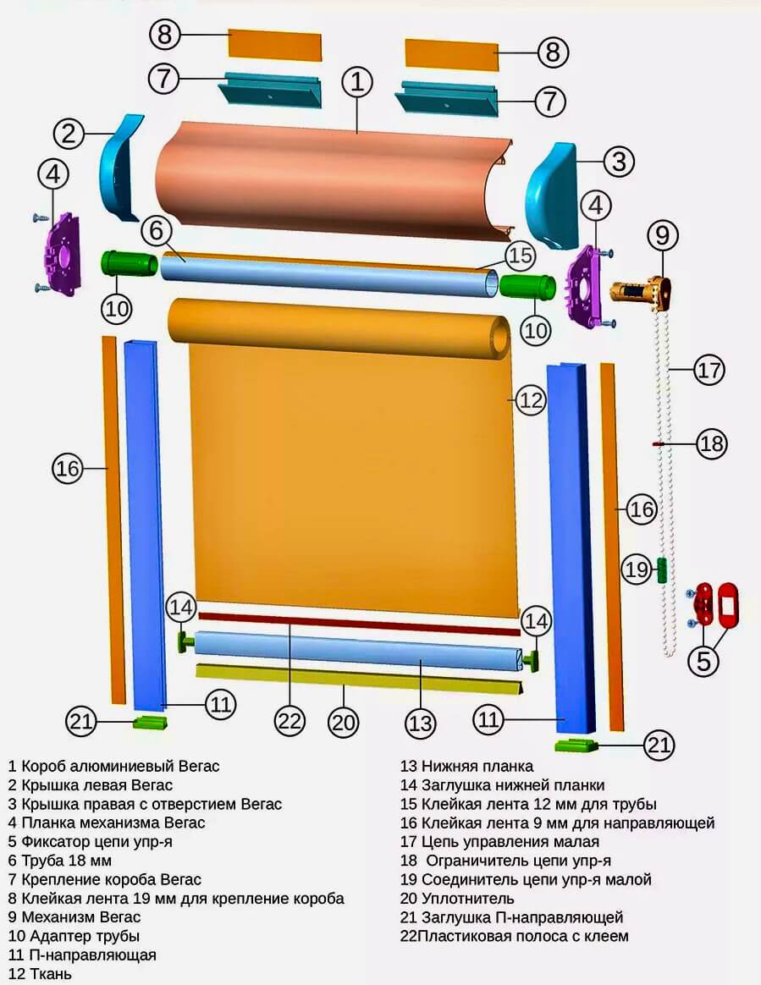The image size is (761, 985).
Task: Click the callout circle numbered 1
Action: [357, 82]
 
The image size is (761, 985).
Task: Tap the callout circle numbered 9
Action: [662, 235]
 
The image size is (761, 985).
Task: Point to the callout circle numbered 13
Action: [420, 723]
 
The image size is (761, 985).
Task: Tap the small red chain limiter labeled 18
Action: [658, 443]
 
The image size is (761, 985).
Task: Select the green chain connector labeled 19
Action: [661, 570]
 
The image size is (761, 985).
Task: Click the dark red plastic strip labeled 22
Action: [359, 623]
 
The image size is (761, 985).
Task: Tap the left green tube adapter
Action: [129, 262]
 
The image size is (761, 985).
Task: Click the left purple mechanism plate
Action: [62, 253]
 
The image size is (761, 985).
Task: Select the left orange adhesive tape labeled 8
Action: [274, 45]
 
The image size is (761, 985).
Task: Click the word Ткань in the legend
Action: [47, 974]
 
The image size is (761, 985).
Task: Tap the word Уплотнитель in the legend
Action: [467, 899]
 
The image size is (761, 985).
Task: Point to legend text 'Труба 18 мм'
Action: [67, 861]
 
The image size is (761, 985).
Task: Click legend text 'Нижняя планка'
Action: [477, 767]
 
